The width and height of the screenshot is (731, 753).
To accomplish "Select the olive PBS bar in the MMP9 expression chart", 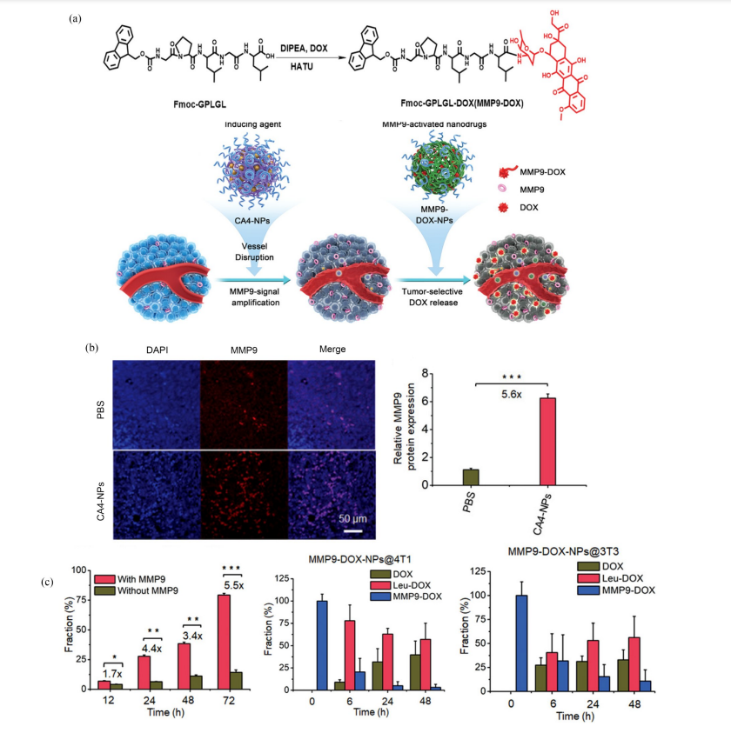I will click(x=470, y=476).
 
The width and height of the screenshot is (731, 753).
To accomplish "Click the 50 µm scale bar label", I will click(x=352, y=517).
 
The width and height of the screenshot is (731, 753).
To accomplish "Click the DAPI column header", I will click(x=157, y=350).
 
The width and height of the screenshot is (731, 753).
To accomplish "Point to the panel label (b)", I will click(x=91, y=347).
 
